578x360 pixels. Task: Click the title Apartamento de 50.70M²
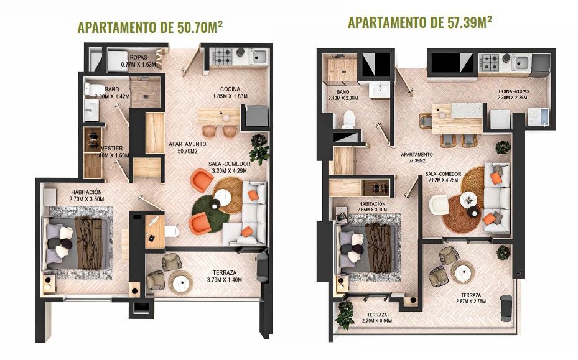pos(150,27)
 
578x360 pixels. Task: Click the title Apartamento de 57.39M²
pos(420,22)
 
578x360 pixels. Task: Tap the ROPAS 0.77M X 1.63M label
pos(139,61)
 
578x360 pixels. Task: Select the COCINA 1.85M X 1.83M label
pos(230,93)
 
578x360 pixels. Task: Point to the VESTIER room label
pos(112,152)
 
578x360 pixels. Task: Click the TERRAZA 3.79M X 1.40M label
pos(225,276)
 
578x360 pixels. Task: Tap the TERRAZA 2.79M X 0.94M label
pos(377,318)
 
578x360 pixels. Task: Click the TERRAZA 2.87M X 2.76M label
pos(471,298)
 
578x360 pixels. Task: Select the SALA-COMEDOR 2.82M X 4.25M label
pos(443,177)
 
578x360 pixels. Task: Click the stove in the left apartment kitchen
pos(223,57)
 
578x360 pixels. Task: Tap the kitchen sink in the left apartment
pos(259,57)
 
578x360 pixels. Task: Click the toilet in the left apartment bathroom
pos(95,90)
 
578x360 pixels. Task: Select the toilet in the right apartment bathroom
pos(348,119)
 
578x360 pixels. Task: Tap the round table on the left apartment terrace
pos(180,283)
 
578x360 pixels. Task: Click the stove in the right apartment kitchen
pos(489,62)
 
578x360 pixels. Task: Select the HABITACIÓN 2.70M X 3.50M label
pos(86,196)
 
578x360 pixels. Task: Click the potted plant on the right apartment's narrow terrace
pos(345,315)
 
